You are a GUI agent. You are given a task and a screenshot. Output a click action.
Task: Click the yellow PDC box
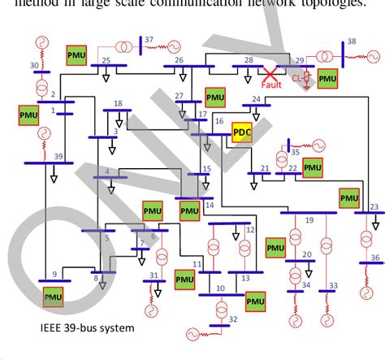tap(241, 132)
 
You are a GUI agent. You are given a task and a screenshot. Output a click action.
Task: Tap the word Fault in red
tap(271, 84)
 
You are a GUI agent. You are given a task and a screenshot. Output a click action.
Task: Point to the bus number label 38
tap(351, 41)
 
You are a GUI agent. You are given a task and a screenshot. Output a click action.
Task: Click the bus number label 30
tap(34, 65)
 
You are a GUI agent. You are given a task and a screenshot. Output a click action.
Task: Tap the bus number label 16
tap(218, 121)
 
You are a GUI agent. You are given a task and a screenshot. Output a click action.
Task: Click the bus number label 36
tap(374, 258)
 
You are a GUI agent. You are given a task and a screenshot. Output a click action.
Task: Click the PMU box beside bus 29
tap(327, 79)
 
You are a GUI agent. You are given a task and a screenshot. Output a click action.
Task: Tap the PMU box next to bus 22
tap(313, 167)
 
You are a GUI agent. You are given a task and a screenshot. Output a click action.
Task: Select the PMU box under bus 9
tap(54, 297)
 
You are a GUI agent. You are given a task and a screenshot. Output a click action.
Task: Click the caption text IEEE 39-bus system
tap(88, 328)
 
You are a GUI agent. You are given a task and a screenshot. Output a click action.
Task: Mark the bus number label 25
tap(106, 60)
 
